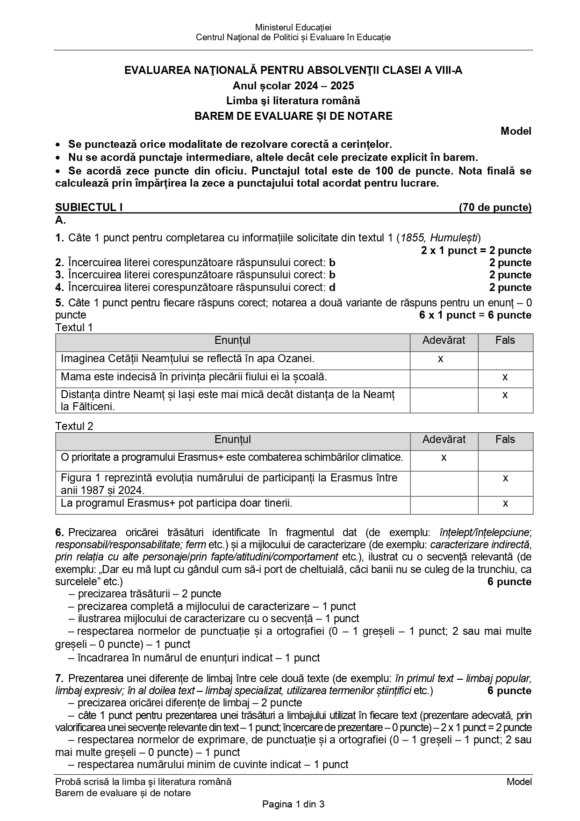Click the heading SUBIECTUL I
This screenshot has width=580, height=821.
tap(89, 207)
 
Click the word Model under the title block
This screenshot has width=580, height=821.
tap(516, 131)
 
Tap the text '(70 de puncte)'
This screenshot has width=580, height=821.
tap(495, 207)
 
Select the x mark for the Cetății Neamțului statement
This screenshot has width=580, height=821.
tap(441, 359)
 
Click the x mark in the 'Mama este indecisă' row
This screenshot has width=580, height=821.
tap(505, 377)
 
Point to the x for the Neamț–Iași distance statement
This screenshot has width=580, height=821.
tap(505, 395)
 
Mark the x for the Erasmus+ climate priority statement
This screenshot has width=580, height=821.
tap(444, 458)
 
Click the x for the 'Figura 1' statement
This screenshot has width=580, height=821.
tap(505, 478)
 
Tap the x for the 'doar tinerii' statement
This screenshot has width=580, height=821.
tap(505, 503)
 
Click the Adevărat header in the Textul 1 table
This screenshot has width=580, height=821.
tap(444, 341)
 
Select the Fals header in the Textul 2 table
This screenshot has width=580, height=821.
tap(505, 439)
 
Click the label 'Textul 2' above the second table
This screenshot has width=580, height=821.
tap(74, 426)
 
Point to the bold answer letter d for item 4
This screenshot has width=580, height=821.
tap(332, 287)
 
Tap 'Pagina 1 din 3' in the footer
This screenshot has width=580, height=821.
tap(294, 804)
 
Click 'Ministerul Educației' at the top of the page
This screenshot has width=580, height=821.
tap(294, 28)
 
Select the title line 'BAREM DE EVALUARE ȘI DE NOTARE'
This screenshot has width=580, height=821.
tap(294, 116)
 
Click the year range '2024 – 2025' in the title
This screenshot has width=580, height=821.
tap(324, 86)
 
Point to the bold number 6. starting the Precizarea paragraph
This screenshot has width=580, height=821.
tap(59, 532)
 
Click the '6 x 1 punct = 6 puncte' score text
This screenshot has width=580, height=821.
tap(475, 315)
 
